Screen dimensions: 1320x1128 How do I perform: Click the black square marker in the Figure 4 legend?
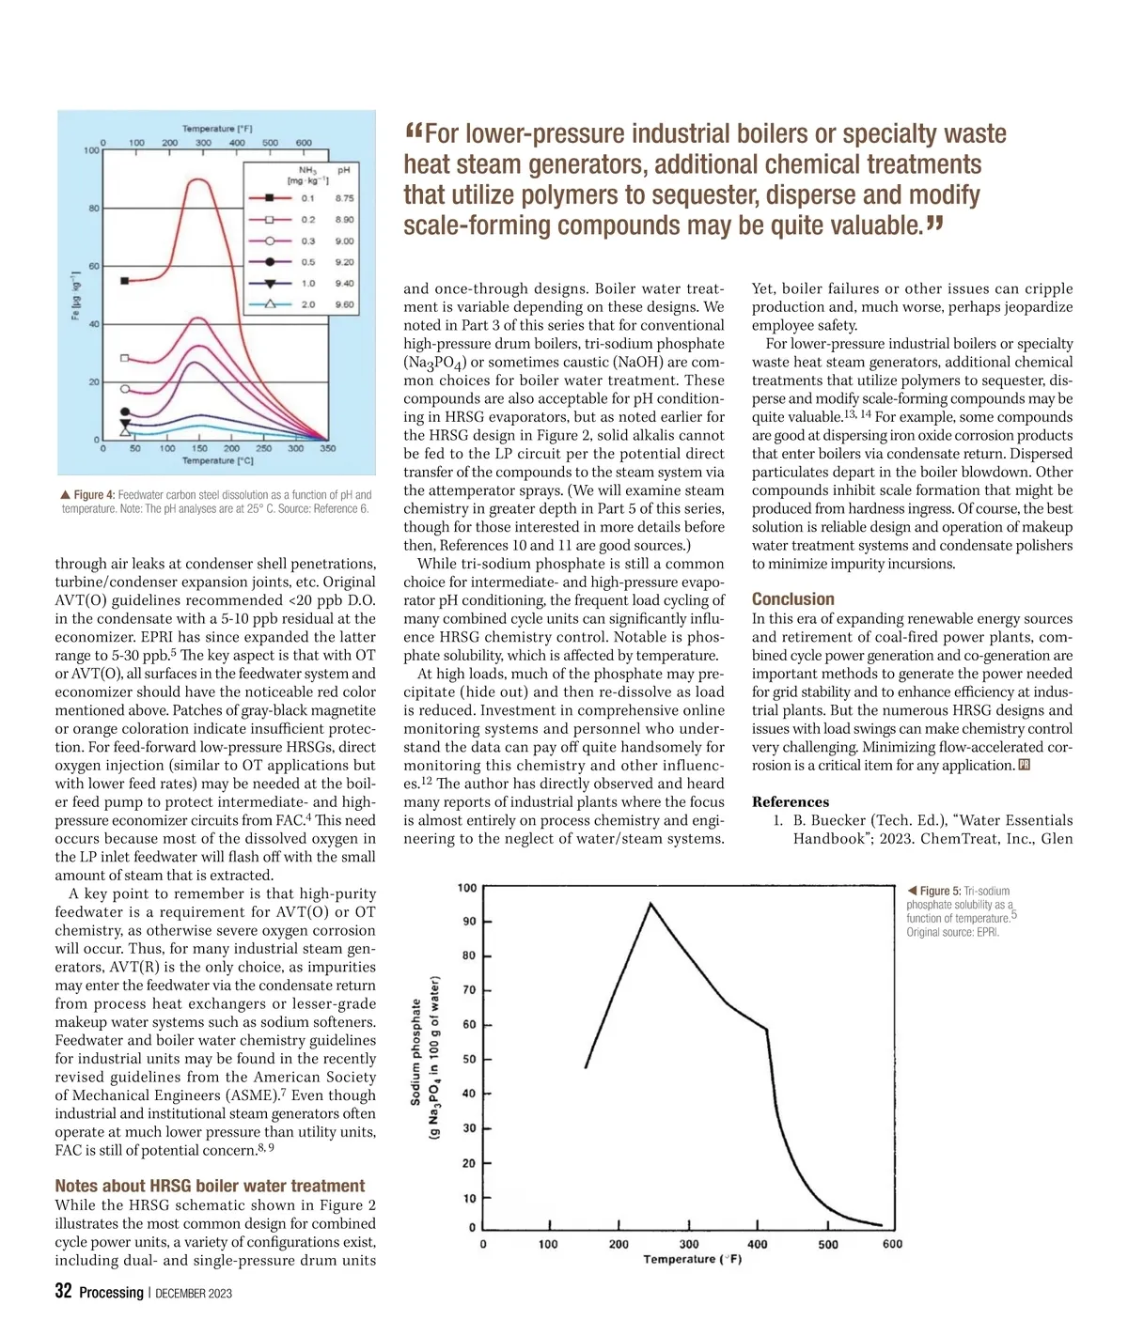pos(270,198)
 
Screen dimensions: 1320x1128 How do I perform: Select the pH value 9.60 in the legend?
pos(345,304)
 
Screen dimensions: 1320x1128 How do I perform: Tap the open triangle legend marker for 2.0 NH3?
pos(270,304)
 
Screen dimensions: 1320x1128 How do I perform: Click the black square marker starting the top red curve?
pos(125,280)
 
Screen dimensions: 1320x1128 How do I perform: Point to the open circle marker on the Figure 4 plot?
pos(125,388)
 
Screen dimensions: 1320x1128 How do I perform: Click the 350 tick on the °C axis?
pos(327,448)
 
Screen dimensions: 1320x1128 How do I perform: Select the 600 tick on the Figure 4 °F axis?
pos(304,143)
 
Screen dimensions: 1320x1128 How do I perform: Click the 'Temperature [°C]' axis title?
pos(217,460)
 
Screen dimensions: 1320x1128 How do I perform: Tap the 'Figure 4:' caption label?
pos(94,495)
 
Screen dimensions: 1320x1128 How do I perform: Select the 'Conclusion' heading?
pos(792,599)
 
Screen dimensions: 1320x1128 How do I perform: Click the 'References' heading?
pos(790,801)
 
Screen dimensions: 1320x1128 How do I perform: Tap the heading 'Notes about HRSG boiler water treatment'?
pos(210,1186)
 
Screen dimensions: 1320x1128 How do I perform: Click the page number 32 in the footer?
pos(63,1291)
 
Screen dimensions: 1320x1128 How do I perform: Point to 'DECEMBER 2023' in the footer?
pos(193,1294)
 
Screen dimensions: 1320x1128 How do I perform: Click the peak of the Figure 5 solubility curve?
pos(650,904)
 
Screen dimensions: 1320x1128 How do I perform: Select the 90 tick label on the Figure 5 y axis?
pos(469,922)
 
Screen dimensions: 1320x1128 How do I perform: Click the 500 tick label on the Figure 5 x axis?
pos(827,1244)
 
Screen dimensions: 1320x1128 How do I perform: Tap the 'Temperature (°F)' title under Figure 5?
pos(692,1259)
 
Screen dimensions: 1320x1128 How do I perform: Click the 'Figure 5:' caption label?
pos(939,891)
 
